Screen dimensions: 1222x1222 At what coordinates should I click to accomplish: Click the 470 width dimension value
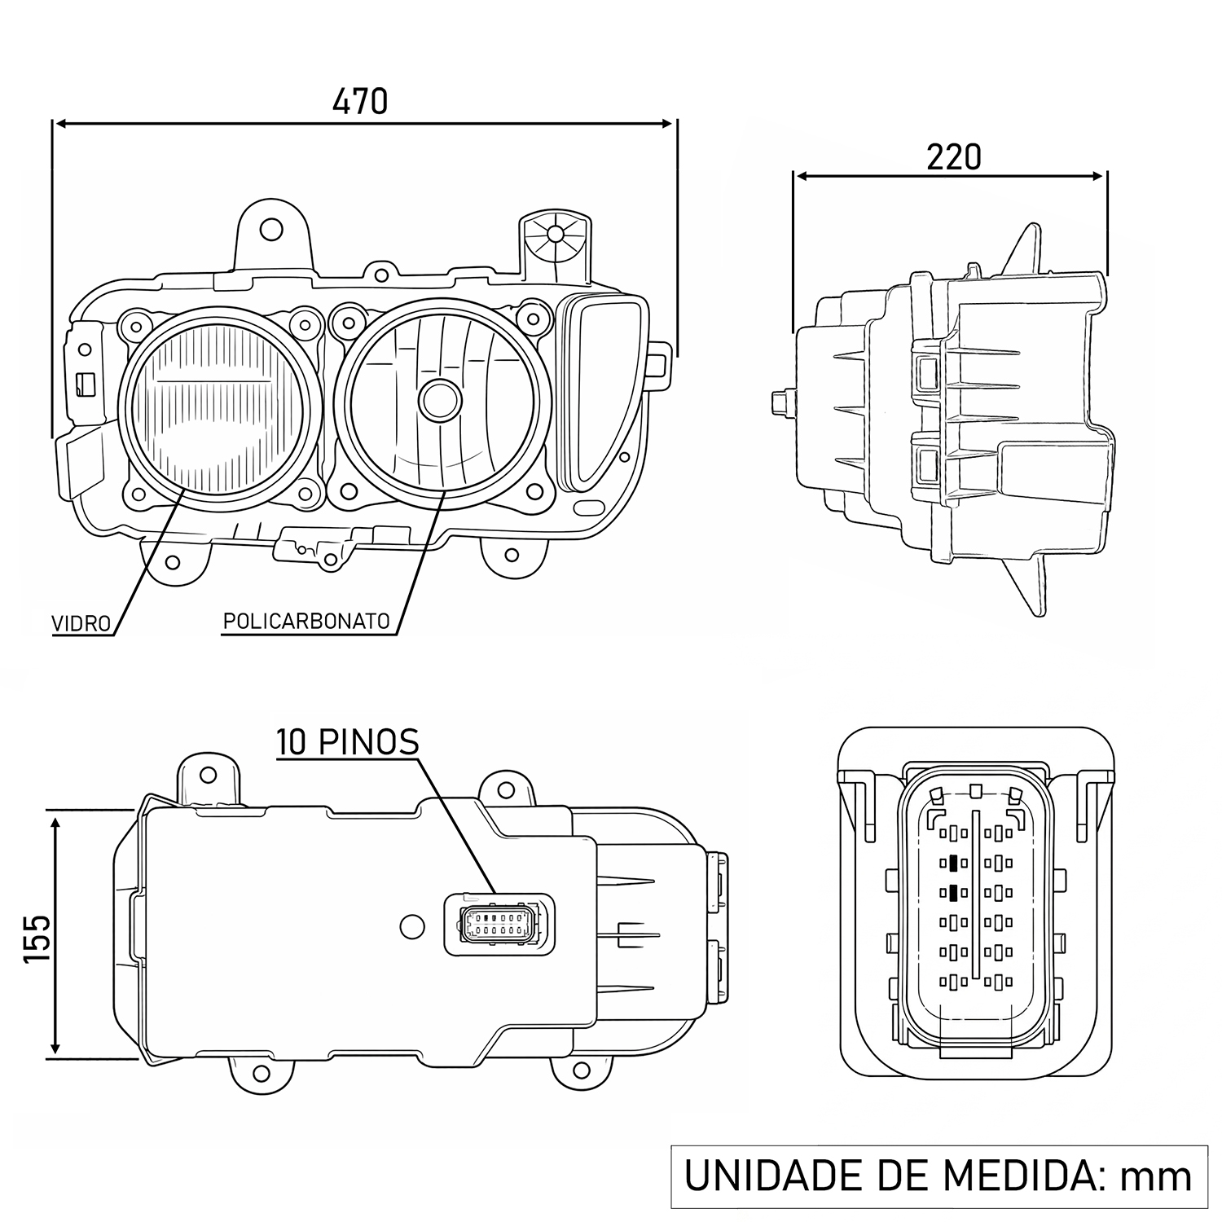pos(360,101)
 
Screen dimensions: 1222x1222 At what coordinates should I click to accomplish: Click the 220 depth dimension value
pos(953,157)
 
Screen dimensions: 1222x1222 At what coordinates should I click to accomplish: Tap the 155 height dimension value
pos(37,938)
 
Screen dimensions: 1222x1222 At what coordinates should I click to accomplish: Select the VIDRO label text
pos(81,624)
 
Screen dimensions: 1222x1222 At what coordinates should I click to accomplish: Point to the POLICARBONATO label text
pos(306,621)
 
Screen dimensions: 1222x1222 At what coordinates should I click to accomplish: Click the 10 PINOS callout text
pos(348,742)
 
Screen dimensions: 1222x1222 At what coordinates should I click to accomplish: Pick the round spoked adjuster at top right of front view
pos(555,234)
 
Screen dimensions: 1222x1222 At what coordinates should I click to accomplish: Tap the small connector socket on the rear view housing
pos(499,925)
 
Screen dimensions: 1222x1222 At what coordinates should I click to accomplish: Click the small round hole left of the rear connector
pos(412,925)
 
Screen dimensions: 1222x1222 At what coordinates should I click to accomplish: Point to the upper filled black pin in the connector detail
pos(950,862)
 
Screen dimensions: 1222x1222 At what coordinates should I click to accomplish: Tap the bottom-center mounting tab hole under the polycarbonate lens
pos(511,556)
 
